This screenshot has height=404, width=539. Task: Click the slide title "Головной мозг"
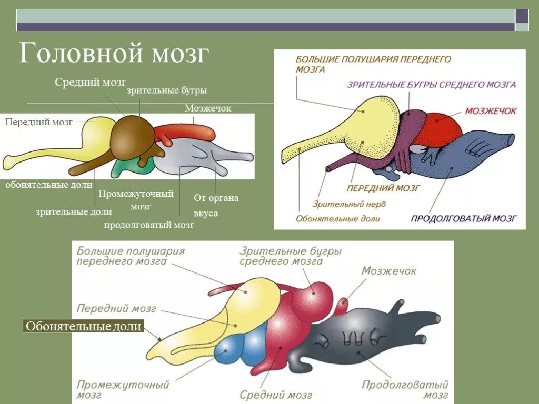click(114, 54)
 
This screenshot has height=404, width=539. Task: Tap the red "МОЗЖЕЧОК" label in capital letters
click(490, 111)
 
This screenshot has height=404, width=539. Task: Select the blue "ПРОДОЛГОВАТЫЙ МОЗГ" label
click(463, 218)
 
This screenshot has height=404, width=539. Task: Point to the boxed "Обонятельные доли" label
click(84, 326)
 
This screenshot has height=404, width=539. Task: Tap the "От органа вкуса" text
click(216, 205)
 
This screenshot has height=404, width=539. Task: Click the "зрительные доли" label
click(74, 211)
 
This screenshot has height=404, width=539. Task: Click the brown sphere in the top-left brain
click(132, 137)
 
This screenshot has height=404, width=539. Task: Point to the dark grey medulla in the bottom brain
click(363, 337)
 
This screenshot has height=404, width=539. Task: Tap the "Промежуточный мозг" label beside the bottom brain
click(123, 390)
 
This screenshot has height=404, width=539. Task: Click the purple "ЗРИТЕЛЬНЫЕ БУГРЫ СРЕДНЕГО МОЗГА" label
click(431, 84)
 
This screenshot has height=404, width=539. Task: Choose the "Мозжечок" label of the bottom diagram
click(388, 271)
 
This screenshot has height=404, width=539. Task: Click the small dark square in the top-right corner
click(522, 16)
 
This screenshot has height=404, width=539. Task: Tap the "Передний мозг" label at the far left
click(38, 122)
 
